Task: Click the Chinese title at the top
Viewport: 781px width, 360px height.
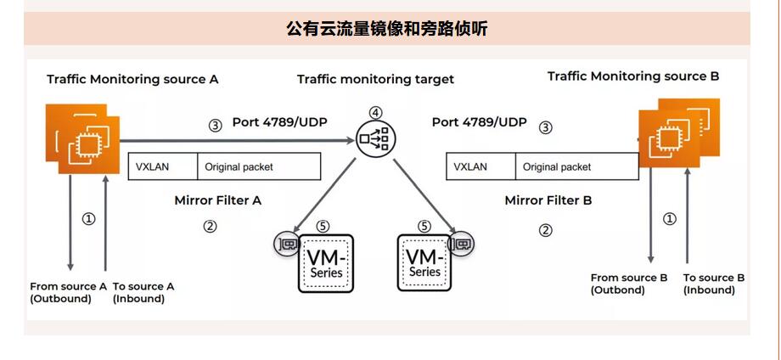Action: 387,30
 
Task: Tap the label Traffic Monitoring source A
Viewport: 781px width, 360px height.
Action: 132,79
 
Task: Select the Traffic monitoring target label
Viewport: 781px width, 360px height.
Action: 375,79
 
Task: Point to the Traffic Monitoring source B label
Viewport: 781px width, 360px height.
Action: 633,76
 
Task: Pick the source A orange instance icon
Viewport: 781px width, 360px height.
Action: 83,138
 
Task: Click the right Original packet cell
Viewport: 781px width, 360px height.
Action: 557,167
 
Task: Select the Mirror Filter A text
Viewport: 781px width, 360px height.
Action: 218,201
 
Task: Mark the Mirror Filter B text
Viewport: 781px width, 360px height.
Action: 548,201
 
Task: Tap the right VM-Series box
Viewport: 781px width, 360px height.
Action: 425,262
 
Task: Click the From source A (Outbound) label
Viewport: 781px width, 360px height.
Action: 68,292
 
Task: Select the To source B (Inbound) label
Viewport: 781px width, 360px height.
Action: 714,284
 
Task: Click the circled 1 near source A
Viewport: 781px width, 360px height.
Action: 88,218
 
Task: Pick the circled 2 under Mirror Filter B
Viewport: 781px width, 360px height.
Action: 546,230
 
